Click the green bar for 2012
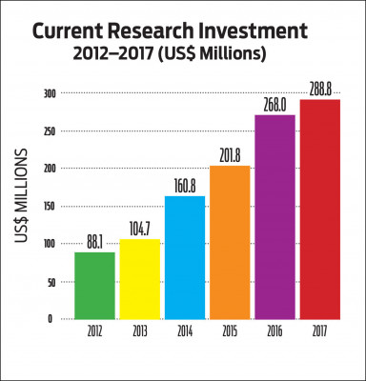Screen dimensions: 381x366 pyautogui.click(x=94, y=286)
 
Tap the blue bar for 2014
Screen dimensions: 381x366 pyautogui.click(x=185, y=257)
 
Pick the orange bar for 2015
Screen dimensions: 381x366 pyautogui.click(x=230, y=242)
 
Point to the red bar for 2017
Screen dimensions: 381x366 pyautogui.click(x=321, y=210)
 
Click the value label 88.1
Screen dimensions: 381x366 pyautogui.click(x=94, y=243)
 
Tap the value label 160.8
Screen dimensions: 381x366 pyautogui.click(x=185, y=187)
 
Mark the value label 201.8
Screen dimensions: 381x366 pyautogui.click(x=230, y=156)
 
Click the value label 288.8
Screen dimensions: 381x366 pyautogui.click(x=321, y=90)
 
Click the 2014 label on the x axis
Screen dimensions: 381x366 pyautogui.click(x=185, y=333)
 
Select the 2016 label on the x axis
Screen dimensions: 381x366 pyautogui.click(x=275, y=333)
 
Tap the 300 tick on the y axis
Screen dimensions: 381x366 pyautogui.click(x=47, y=93)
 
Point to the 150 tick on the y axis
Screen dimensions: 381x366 pyautogui.click(x=47, y=207)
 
